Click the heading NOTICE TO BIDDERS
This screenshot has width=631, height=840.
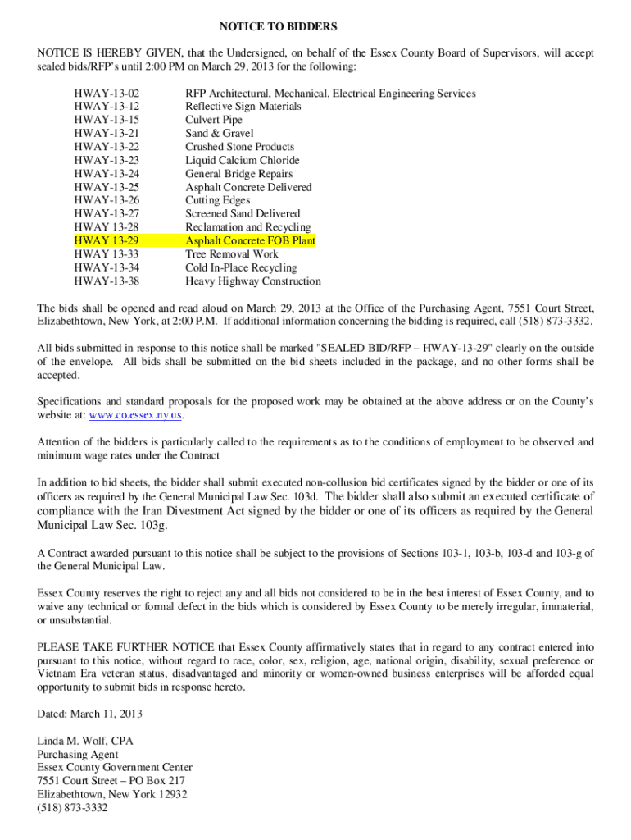315,27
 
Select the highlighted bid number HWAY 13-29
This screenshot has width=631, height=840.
106,240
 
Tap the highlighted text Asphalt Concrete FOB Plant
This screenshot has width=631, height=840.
250,240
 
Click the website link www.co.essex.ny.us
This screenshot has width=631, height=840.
135,415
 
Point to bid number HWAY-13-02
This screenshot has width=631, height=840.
107,94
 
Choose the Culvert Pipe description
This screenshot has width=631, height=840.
214,120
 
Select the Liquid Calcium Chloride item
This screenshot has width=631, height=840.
243,160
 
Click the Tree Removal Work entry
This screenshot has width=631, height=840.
232,254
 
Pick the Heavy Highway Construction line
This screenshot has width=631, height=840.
253,281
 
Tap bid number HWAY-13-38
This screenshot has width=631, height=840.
107,281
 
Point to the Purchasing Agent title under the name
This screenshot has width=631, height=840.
78,755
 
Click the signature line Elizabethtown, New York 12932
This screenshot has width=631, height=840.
112,794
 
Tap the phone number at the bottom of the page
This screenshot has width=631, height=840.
72,808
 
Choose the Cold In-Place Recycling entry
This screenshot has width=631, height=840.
241,267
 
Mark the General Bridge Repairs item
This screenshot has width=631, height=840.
238,174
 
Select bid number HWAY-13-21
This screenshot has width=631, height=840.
107,133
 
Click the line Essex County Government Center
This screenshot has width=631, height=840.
115,768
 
